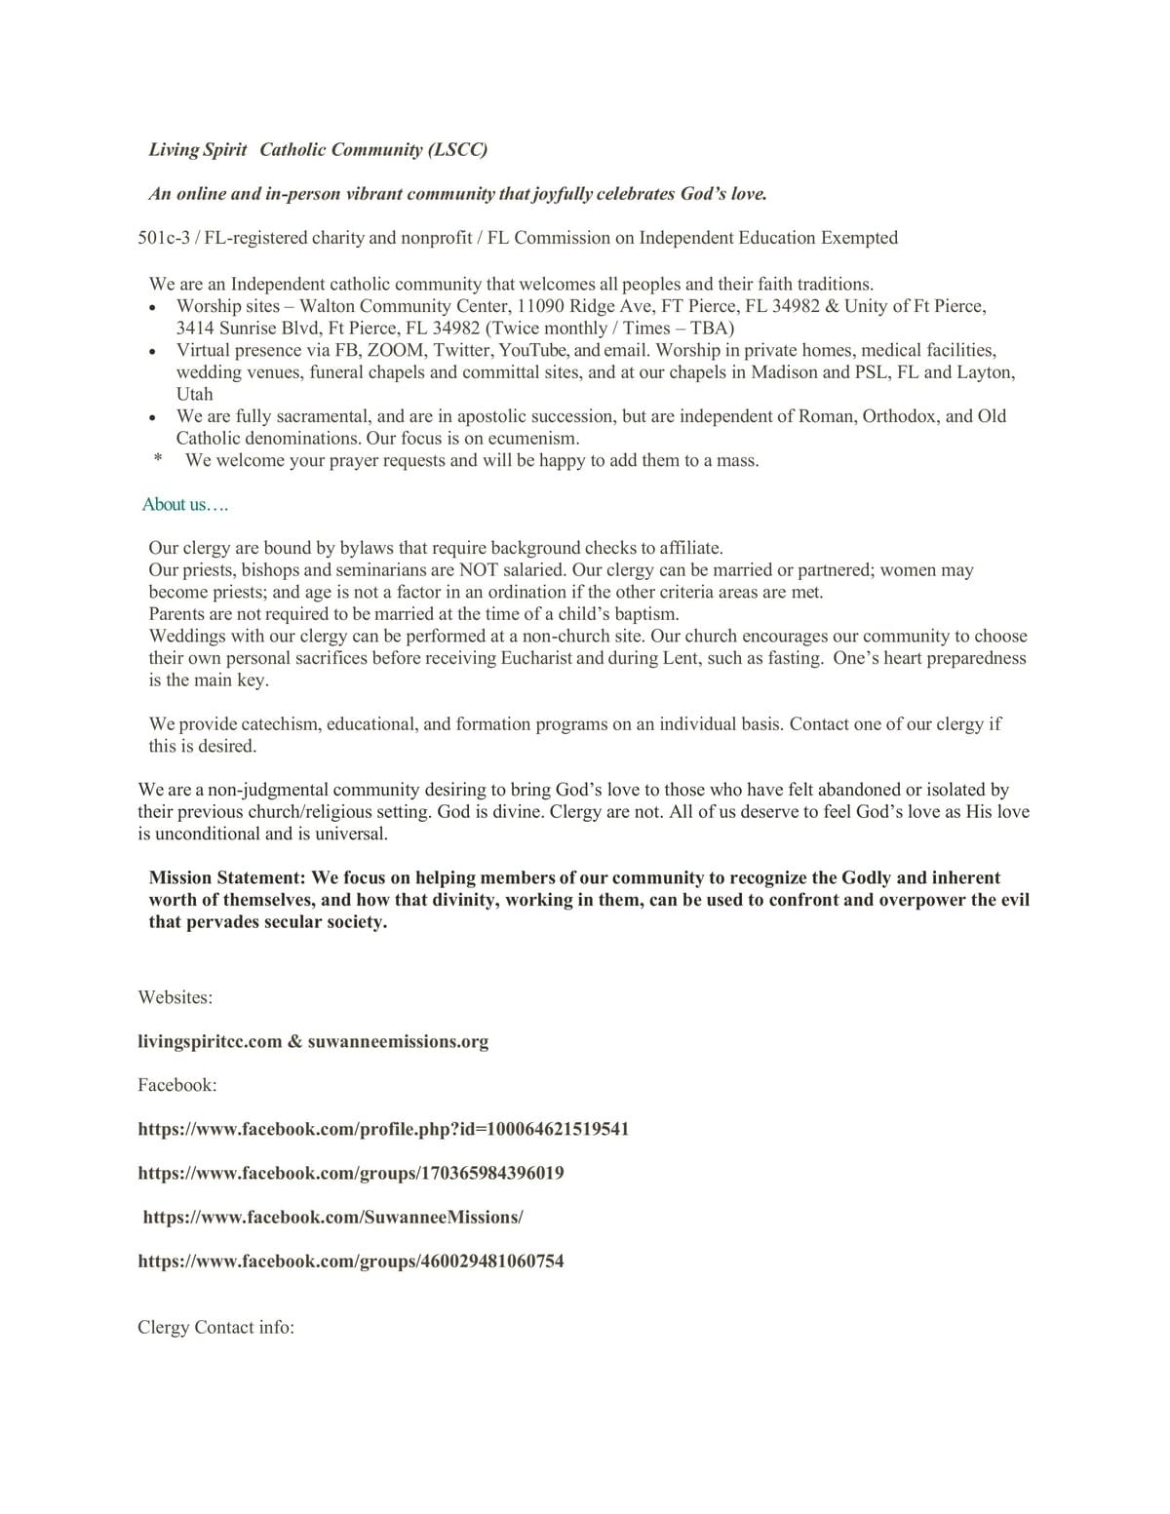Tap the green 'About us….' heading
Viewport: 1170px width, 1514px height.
185,504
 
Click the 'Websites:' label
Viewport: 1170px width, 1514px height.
175,997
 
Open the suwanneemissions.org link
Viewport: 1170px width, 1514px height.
398,1041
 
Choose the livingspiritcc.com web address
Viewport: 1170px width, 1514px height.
210,1041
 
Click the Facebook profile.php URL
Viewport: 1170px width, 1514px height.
383,1129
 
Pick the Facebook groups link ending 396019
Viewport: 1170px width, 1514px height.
351,1173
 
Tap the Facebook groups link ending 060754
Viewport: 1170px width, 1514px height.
351,1261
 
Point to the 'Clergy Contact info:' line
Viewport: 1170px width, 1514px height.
215,1327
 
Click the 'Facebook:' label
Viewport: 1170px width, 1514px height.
177,1085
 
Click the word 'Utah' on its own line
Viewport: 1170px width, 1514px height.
194,394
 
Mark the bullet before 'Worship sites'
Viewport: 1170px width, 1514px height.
153,308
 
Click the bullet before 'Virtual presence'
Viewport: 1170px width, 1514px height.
153,352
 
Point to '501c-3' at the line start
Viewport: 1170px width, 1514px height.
163,238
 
